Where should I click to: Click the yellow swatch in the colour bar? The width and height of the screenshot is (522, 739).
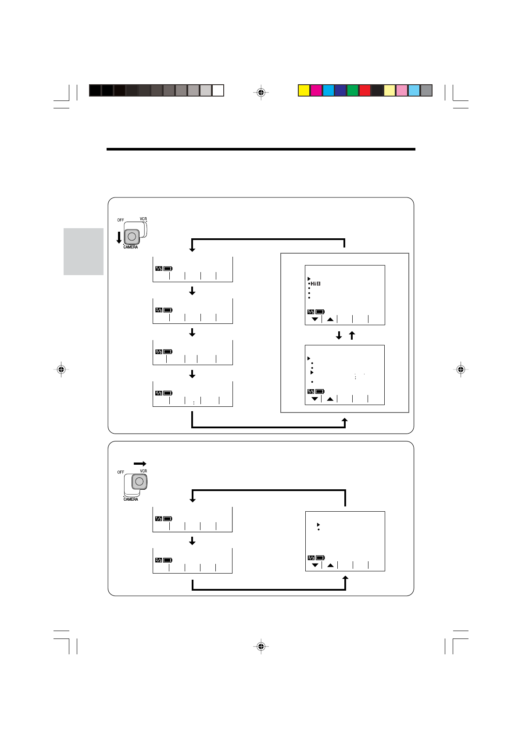304,90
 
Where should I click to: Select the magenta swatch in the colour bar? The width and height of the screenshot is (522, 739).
316,90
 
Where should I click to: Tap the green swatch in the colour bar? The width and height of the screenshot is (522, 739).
353,90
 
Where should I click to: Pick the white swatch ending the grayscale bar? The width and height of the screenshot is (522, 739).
218,90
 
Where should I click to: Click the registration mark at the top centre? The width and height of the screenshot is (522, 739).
261,92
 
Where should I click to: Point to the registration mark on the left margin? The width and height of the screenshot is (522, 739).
61,369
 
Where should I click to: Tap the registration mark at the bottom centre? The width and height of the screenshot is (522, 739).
261,646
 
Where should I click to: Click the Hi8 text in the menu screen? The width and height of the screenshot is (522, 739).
315,283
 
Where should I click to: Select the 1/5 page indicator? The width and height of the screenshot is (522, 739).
159,269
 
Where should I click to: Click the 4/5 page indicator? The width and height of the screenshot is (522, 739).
159,393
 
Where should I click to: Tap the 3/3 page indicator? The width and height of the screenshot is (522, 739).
311,558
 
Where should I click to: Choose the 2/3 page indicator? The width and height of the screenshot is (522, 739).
159,560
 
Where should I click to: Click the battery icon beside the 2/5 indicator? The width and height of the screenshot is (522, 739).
168,310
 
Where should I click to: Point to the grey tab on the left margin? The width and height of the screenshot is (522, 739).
83,251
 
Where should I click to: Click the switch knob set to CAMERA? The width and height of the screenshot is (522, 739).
132,237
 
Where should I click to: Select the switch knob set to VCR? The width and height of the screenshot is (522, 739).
139,481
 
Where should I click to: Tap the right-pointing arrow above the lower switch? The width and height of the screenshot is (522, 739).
140,463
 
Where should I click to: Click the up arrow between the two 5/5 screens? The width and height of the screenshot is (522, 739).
352,336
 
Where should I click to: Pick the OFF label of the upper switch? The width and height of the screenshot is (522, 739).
120,220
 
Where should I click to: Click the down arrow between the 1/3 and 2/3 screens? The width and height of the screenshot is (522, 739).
192,541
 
